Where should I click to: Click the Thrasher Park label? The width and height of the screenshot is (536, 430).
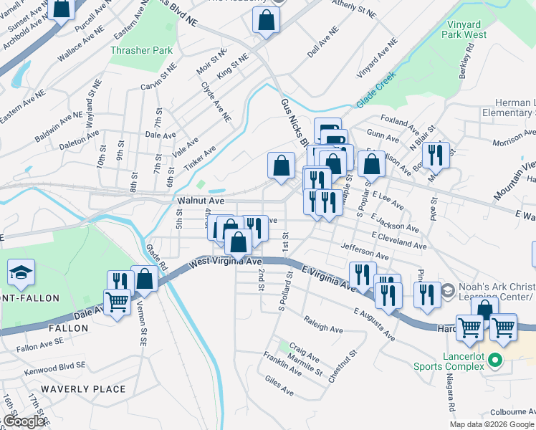click(x=132, y=51)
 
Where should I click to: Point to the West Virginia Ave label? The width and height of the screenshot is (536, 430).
click(x=226, y=263)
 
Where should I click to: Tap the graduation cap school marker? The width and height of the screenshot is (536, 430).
click(x=21, y=272)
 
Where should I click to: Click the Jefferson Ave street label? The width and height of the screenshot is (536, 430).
click(x=365, y=252)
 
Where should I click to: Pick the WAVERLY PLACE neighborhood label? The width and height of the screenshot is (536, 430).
click(x=83, y=389)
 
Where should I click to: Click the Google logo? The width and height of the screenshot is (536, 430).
click(x=23, y=421)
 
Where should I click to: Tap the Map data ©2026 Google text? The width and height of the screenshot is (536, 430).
click(x=492, y=424)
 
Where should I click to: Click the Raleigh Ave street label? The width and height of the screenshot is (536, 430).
click(x=323, y=324)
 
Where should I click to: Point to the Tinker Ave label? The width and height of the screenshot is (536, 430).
click(x=201, y=160)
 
